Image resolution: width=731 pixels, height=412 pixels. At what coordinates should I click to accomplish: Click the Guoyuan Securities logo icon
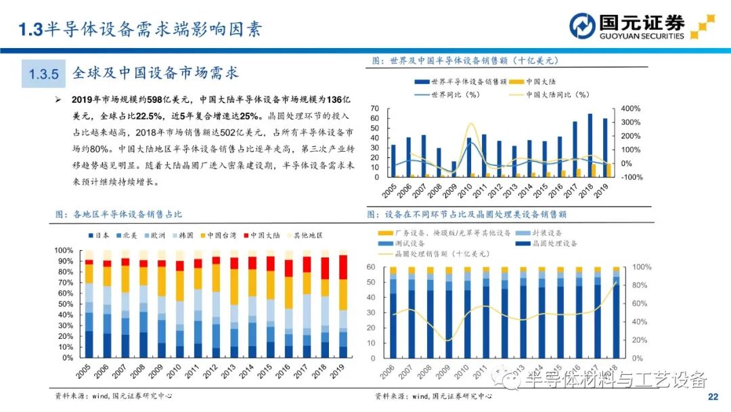click(580, 26)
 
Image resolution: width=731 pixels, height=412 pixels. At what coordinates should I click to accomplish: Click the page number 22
click(712, 396)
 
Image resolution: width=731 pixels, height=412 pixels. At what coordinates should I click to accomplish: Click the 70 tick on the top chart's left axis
click(374, 108)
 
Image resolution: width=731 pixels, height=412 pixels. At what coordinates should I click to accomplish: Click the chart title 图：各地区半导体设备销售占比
click(119, 214)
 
